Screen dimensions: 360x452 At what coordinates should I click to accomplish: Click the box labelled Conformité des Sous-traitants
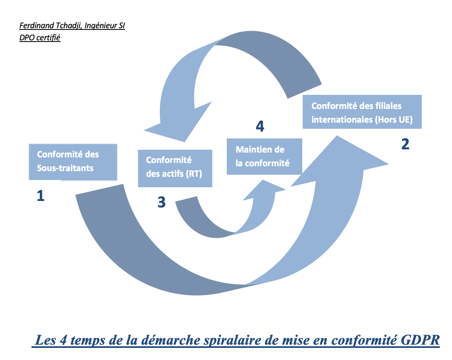(73, 161)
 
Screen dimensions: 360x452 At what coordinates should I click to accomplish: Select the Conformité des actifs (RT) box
(175, 168)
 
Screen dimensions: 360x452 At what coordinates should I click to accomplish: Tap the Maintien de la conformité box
(264, 157)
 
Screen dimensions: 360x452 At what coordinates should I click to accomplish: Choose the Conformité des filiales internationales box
(362, 112)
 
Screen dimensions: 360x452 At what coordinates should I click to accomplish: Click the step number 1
(40, 196)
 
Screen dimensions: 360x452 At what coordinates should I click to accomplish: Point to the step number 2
(405, 144)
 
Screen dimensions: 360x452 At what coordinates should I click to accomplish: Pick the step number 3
(161, 202)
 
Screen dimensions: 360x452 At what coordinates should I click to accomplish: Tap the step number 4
(260, 126)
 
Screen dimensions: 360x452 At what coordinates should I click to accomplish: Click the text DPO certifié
(40, 38)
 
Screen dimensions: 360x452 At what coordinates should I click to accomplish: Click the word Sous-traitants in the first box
(65, 168)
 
